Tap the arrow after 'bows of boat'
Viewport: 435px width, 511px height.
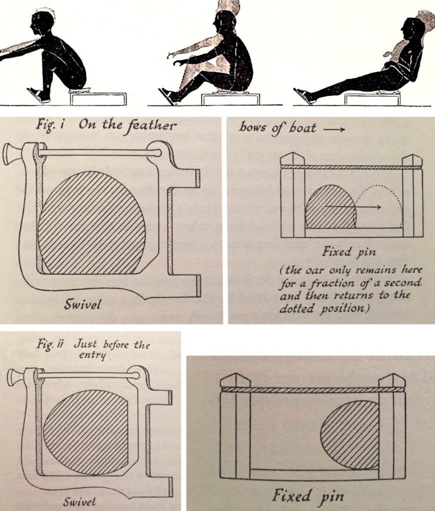(334, 129)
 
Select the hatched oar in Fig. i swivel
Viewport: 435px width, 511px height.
(92, 223)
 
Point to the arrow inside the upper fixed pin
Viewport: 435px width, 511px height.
(352, 207)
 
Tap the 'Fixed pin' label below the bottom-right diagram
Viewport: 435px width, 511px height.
(308, 497)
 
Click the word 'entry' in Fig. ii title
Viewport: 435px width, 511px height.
(92, 355)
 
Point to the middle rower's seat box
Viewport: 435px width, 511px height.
(230, 99)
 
